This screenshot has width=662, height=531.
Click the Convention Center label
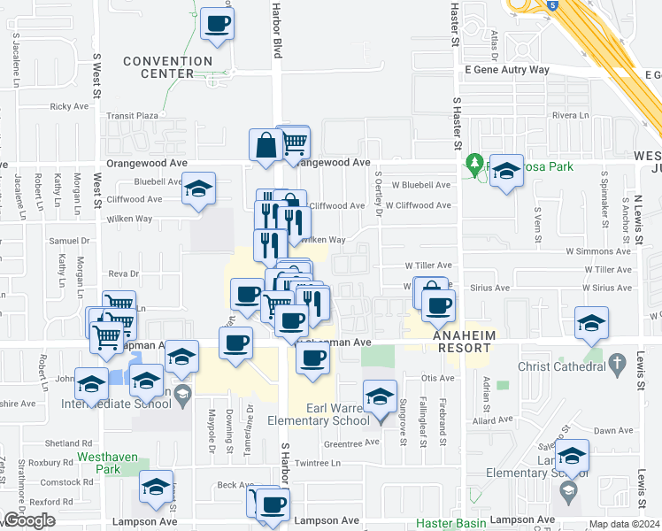tap(168, 67)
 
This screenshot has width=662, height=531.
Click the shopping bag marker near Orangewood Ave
tap(266, 144)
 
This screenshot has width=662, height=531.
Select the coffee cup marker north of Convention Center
tap(217, 24)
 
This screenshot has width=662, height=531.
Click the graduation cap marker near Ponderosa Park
tap(507, 171)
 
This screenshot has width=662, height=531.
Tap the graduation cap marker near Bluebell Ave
tap(199, 189)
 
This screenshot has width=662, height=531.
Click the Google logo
tap(28, 520)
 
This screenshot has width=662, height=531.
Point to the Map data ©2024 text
tap(624, 524)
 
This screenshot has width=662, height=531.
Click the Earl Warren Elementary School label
tap(324, 414)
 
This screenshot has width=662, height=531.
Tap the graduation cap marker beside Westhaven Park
tap(157, 489)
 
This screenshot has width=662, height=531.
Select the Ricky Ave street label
tap(69, 106)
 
